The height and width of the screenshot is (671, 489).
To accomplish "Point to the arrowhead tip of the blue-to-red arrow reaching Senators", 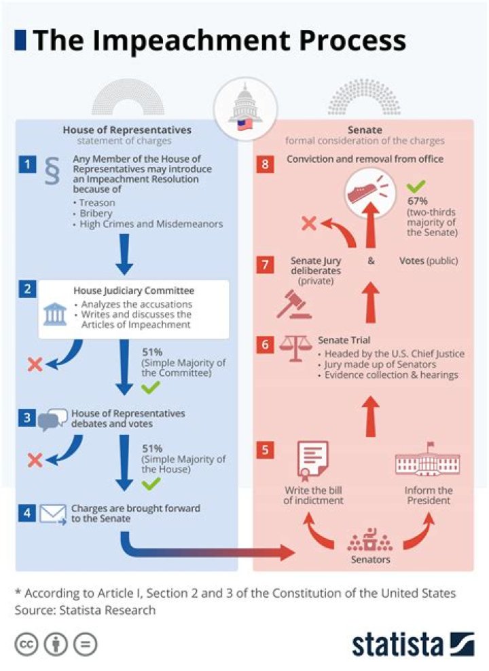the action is coord(295,552).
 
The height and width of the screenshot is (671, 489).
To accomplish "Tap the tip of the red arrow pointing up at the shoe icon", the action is coord(371,202).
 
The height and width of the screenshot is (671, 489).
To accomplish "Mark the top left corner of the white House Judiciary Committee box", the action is coord(39,281).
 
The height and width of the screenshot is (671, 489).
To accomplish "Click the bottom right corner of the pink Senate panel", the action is coord(473,571).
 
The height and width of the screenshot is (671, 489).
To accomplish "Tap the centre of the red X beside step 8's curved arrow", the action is coord(309,223).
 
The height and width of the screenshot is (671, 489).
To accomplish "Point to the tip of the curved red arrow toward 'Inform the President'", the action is coord(429,513).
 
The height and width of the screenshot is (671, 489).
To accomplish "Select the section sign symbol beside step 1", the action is coord(52,171).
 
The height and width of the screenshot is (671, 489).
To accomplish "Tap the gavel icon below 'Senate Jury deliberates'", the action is coord(294,305).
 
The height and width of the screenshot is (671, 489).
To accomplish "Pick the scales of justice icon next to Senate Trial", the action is coord(295,348).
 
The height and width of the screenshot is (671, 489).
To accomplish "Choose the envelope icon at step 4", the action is coord(53,514).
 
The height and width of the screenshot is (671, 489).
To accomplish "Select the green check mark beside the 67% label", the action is coord(416,186).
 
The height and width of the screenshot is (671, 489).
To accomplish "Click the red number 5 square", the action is coord(265,450).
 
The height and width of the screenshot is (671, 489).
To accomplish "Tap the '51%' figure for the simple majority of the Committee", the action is coord(152,352).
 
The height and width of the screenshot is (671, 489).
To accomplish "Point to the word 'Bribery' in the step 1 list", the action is coord(96,214).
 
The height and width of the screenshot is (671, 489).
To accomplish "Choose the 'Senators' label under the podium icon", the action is coord(370,559).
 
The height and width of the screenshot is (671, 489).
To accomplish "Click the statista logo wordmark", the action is coord(397,644).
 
